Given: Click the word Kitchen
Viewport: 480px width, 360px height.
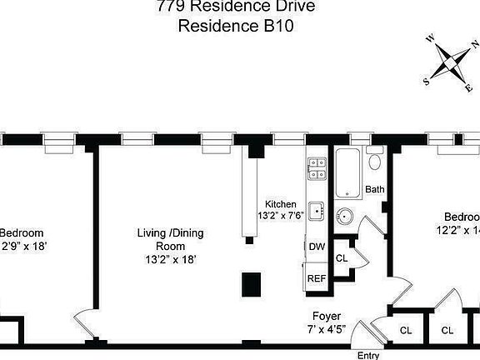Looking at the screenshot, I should tap(281, 204).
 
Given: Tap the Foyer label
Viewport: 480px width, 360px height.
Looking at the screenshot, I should tap(325, 316).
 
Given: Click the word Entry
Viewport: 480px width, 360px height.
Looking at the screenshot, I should tap(368, 355).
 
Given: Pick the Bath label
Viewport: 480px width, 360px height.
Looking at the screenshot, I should tap(375, 190).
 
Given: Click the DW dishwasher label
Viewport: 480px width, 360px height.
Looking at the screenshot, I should tap(317, 247).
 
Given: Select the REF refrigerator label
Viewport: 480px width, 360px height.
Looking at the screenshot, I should tap(317, 278).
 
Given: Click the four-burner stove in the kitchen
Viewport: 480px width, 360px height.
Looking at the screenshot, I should tap(316, 168).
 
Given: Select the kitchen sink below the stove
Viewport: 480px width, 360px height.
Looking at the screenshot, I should tap(316, 211).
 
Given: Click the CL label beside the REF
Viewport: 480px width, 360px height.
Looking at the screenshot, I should tap(342, 258).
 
